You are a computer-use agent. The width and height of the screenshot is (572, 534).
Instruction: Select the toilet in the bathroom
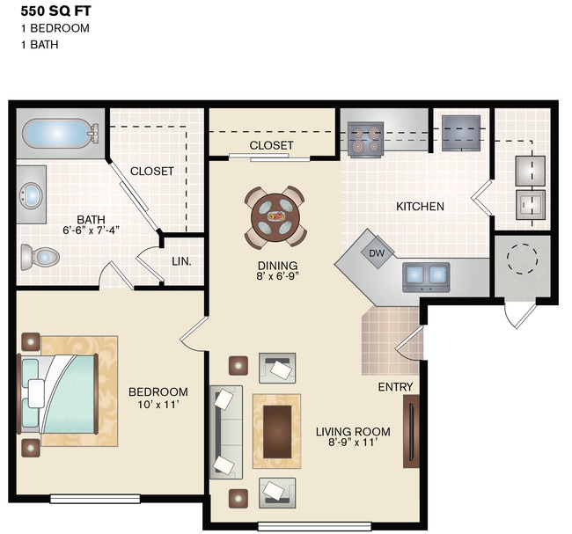click(40, 257)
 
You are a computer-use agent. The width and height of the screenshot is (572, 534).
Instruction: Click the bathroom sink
click(32, 194)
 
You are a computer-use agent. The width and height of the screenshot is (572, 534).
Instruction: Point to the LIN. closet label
click(182, 261)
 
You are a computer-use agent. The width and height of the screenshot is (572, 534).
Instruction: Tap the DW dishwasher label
click(377, 252)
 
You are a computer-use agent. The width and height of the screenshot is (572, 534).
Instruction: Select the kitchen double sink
click(426, 276)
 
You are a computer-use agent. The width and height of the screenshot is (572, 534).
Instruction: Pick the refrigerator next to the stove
click(459, 133)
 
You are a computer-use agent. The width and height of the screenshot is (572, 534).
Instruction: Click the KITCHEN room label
click(420, 207)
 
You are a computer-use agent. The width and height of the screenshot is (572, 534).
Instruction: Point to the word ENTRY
click(395, 387)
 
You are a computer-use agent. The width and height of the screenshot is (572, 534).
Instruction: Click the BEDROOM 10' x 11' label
click(158, 399)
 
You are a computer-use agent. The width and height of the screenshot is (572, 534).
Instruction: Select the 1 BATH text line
click(40, 43)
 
